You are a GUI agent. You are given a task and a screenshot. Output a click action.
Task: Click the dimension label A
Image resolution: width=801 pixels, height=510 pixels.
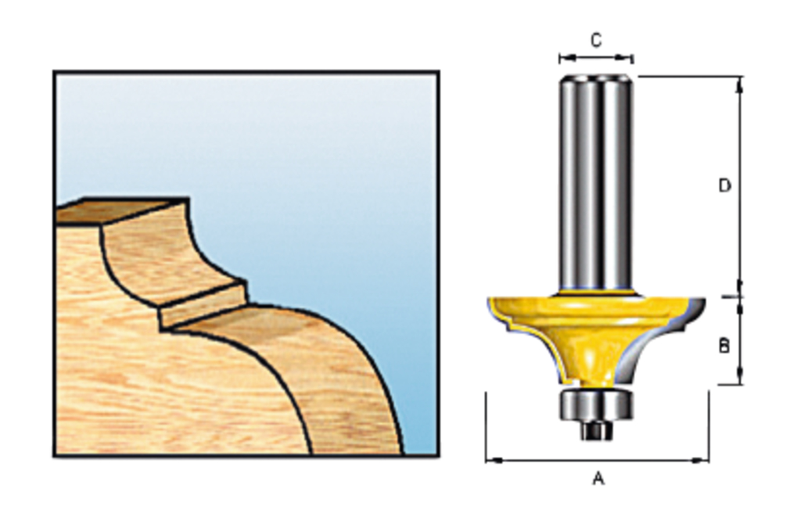pos(598,478)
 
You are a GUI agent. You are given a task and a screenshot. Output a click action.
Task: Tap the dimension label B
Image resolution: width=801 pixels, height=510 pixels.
pos(724,345)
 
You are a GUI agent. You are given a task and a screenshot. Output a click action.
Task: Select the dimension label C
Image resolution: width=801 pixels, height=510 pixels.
pos(596,40)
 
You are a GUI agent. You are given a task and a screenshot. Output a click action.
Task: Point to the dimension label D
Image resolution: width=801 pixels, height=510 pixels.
pos(725,185)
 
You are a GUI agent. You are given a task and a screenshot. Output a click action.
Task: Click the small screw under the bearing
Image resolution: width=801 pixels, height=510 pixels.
pos(596,429)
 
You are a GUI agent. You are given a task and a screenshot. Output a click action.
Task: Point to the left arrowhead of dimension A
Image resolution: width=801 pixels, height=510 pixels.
pos(490,460)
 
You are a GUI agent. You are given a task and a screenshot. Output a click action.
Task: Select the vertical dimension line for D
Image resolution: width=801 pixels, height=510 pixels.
pos(739,188)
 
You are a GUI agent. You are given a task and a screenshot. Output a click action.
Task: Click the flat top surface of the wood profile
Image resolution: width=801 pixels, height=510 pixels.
pos(121,210)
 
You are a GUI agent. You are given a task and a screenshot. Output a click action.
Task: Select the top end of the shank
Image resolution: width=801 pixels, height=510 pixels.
pos(595,78)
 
